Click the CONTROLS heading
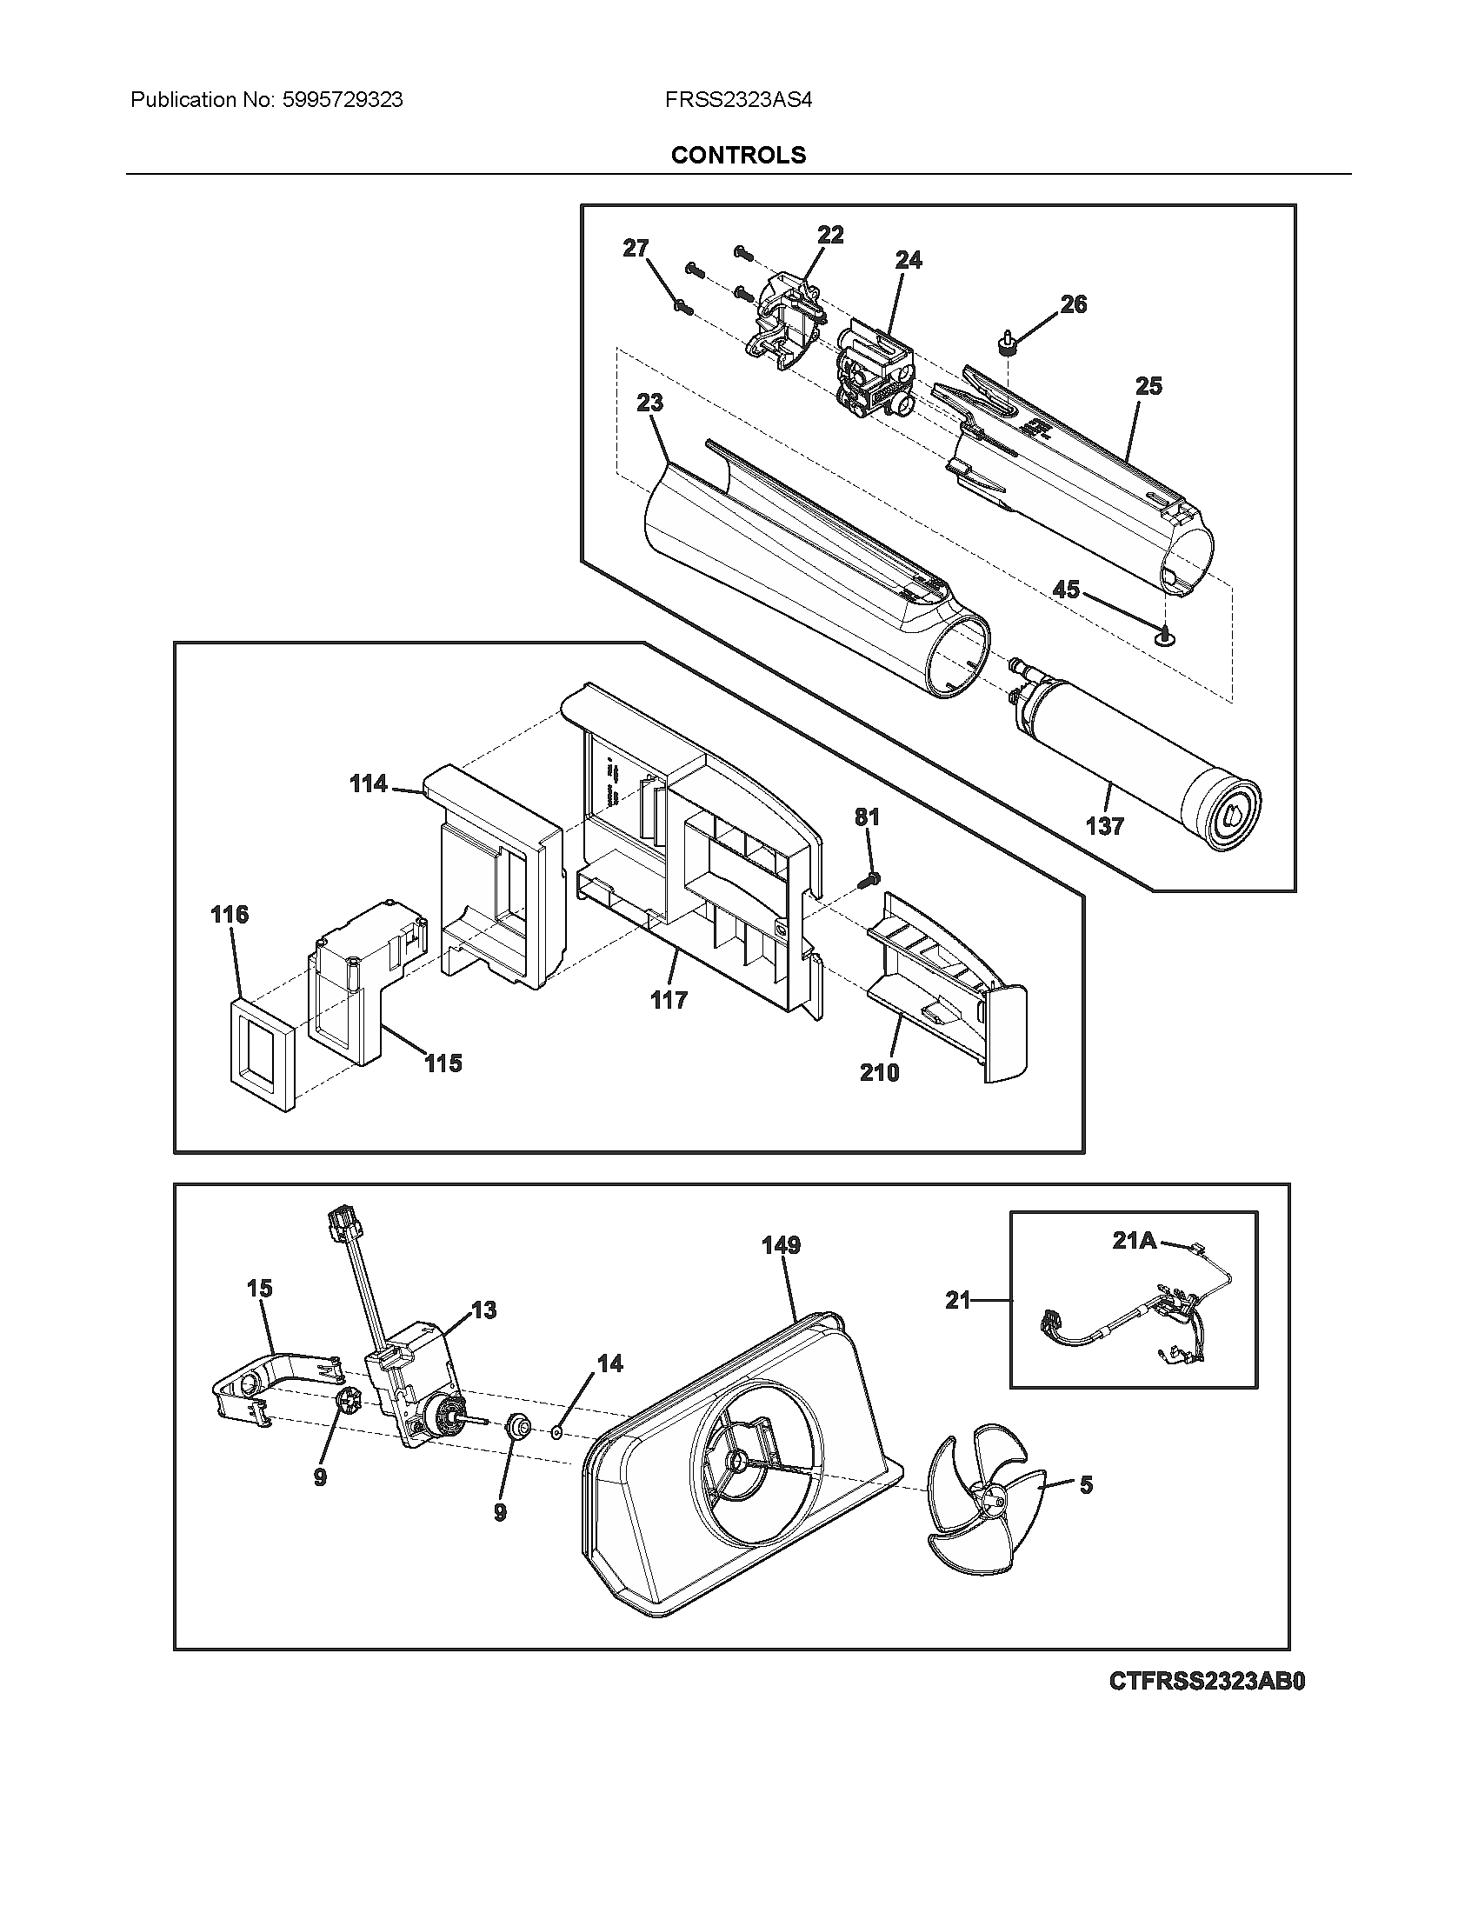tap(738, 155)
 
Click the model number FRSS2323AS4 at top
tap(738, 100)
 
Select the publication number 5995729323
tap(343, 100)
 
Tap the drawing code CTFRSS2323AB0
tap(1207, 1682)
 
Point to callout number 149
tap(781, 1244)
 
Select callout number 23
tap(649, 403)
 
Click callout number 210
tap(879, 1072)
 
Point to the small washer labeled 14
tap(556, 1433)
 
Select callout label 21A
tap(1135, 1240)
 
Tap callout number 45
tap(1066, 590)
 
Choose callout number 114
tap(369, 783)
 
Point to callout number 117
tap(669, 999)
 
